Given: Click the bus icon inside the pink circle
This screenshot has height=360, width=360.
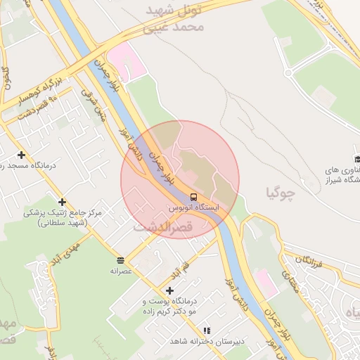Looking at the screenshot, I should coord(193,196).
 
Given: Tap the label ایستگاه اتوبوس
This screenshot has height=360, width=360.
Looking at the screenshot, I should coord(194,209).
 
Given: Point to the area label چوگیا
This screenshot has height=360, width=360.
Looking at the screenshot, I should coord(281,192).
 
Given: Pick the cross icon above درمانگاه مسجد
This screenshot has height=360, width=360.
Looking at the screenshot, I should coord(22,155).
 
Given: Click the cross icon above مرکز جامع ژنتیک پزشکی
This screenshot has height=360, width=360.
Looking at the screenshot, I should coord(63,202).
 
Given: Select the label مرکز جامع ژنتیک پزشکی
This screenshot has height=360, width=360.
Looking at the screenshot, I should coord(63,217).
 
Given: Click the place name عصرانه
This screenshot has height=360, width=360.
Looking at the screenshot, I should coord(121,271).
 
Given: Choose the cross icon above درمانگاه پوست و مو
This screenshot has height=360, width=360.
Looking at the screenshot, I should coord(169,290).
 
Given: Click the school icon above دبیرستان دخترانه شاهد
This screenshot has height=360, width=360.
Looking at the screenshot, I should coord(206,330).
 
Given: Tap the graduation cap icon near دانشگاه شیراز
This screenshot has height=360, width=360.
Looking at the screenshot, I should coord(356,159).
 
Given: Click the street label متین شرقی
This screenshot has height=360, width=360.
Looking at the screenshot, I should coord(92,105).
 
